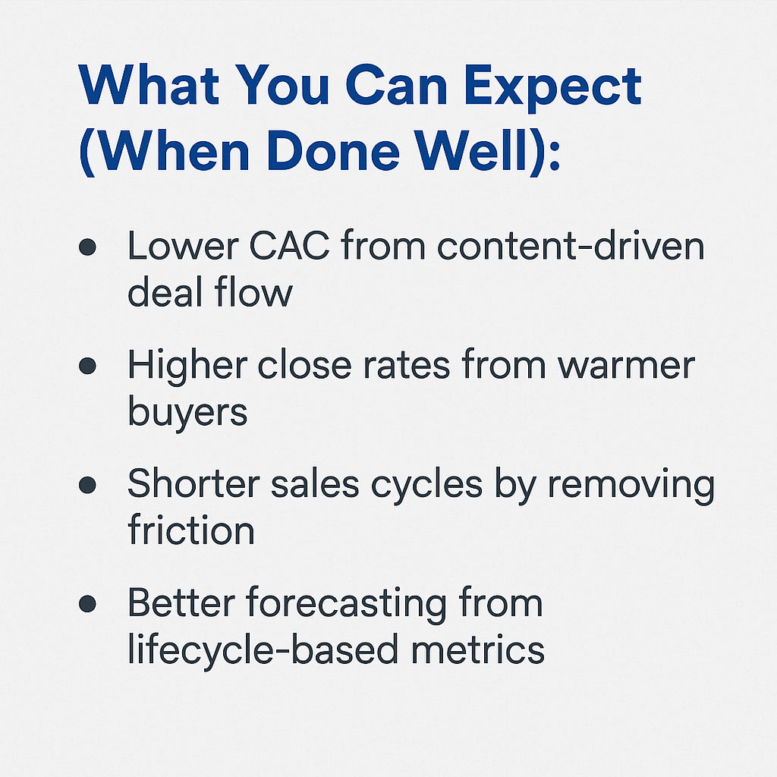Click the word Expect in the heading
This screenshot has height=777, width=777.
(553, 89)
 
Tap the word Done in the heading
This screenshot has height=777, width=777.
(333, 150)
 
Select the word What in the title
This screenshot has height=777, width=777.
(149, 84)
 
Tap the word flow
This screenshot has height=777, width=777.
(253, 291)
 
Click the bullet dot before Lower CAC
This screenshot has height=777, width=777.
(87, 247)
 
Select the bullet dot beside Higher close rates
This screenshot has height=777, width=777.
(87, 366)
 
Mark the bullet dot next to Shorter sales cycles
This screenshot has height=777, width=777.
(87, 485)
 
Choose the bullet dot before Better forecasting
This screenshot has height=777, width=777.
(87, 603)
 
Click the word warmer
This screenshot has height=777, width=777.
(626, 366)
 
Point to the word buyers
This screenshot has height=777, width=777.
(187, 412)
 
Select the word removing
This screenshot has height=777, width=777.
(631, 485)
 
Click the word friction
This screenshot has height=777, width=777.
(191, 528)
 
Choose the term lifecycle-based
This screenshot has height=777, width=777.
(263, 650)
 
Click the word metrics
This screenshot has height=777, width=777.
(478, 650)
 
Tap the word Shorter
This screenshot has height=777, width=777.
(193, 483)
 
